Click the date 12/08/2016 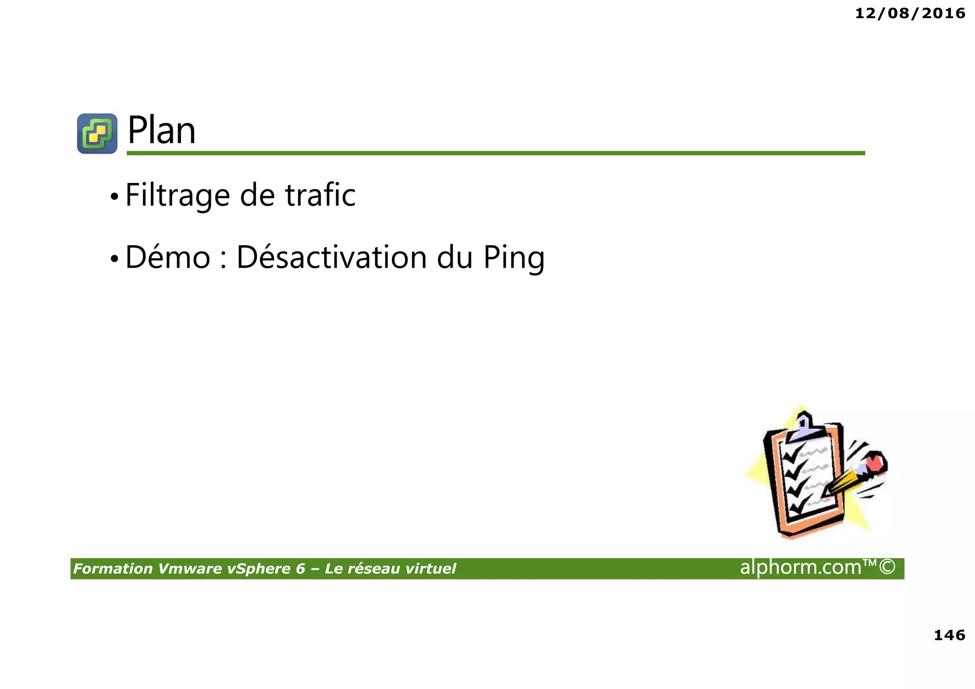click(x=910, y=13)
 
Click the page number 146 click(x=949, y=635)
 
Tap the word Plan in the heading click(x=161, y=130)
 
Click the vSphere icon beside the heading click(x=97, y=133)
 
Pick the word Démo click(x=168, y=257)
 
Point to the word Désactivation click(x=331, y=257)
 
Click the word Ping click(x=514, y=258)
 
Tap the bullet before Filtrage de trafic click(x=114, y=197)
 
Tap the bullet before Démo click(x=114, y=259)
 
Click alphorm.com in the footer click(x=800, y=567)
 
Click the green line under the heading click(x=495, y=153)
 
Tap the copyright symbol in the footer click(x=887, y=567)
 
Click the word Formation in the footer click(x=113, y=569)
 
